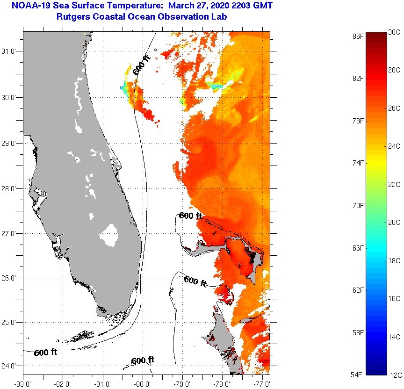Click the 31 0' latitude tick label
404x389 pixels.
coord(11,51)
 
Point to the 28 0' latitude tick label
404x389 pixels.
coord(11,188)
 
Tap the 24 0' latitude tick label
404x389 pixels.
coord(11,366)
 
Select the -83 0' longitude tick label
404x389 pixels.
coord(22,384)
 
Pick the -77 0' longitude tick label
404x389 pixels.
coord(262,384)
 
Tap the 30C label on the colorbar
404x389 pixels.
coord(394,32)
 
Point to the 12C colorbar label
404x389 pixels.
coord(394,375)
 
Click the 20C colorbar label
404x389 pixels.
coord(394,223)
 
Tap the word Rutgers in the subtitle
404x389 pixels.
coord(73,17)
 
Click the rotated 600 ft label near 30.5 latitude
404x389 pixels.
coord(142,65)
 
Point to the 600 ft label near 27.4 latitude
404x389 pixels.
coord(190,216)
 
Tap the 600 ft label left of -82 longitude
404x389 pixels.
coord(45,353)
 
